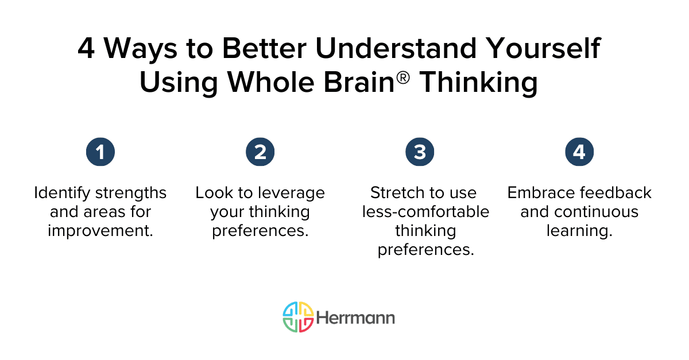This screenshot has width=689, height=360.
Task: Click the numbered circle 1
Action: click(100, 152)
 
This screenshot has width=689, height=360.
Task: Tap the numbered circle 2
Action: click(260, 152)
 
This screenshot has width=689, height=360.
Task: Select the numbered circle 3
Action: click(420, 152)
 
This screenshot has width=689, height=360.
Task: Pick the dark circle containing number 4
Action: click(579, 152)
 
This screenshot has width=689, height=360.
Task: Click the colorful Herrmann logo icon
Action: click(298, 317)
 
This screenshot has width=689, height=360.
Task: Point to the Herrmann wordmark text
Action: click(355, 318)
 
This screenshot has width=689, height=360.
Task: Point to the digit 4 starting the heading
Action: click(87, 49)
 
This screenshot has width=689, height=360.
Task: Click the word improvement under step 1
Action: click(100, 231)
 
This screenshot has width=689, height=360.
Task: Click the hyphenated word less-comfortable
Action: click(425, 212)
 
